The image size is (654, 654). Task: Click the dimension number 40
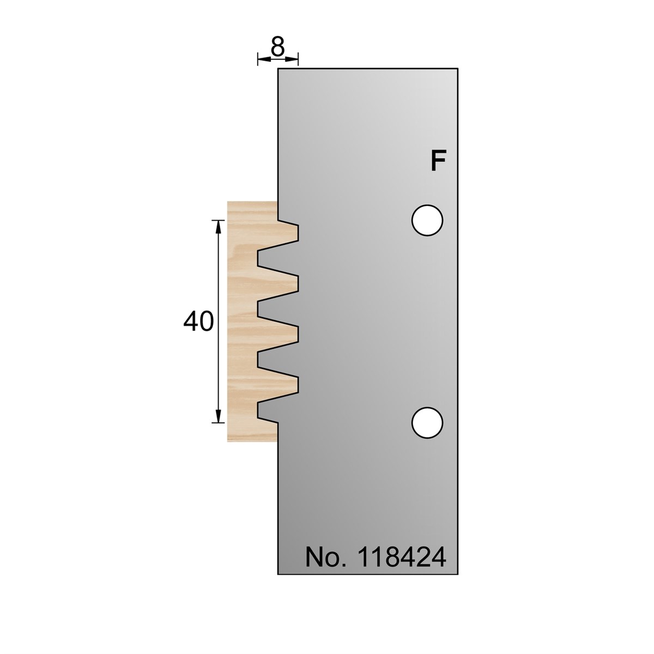click(198, 321)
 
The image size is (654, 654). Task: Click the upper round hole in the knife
click(427, 220)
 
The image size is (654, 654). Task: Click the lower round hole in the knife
click(427, 422)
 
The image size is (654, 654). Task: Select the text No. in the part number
click(326, 557)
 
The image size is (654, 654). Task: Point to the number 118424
click(402, 557)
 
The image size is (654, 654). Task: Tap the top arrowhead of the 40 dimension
click(219, 227)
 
